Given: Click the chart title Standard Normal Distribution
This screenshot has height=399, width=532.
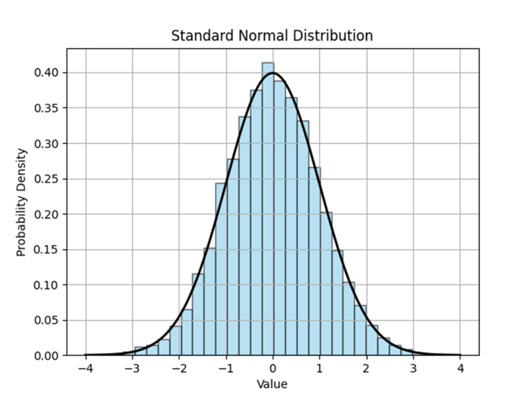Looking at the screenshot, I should click(x=272, y=36).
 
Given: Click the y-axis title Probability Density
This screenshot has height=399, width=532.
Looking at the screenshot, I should click(x=21, y=202).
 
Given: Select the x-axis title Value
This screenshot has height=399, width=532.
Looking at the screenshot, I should click(x=272, y=384).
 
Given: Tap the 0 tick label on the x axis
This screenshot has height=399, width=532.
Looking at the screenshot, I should click(x=273, y=369).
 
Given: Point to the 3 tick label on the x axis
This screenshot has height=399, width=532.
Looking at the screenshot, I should click(x=414, y=369).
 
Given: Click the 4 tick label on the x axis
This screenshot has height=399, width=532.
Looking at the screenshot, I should click(x=460, y=369).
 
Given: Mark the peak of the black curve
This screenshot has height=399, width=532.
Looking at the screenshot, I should click(x=273, y=73).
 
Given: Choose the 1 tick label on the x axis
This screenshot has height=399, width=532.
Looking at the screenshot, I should click(x=320, y=369).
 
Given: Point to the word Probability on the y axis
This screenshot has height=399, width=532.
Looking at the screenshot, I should click(x=21, y=225).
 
